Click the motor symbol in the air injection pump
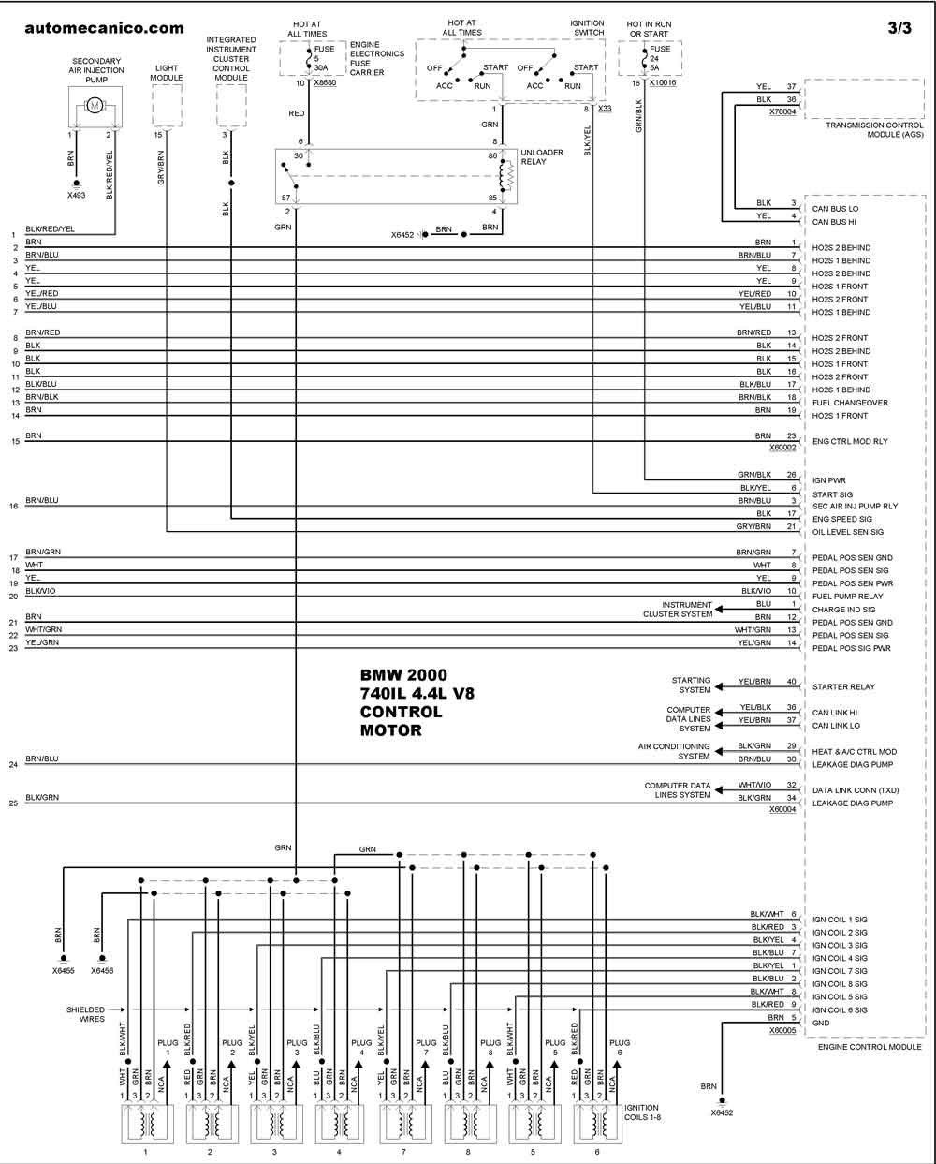[95, 104]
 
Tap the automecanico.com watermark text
[104, 28]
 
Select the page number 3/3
[899, 28]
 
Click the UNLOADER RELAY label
[542, 157]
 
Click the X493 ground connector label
[76, 196]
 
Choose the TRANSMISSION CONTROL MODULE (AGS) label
[874, 129]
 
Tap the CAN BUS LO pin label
[835, 209]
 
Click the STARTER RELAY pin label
[843, 686]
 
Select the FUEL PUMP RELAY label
[847, 597]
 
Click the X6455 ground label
[64, 970]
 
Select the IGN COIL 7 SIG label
[840, 971]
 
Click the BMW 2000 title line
[403, 675]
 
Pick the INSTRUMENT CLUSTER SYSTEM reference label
[678, 609]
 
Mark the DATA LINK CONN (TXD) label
[855, 790]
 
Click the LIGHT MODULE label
[167, 73]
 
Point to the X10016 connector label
[663, 82]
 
